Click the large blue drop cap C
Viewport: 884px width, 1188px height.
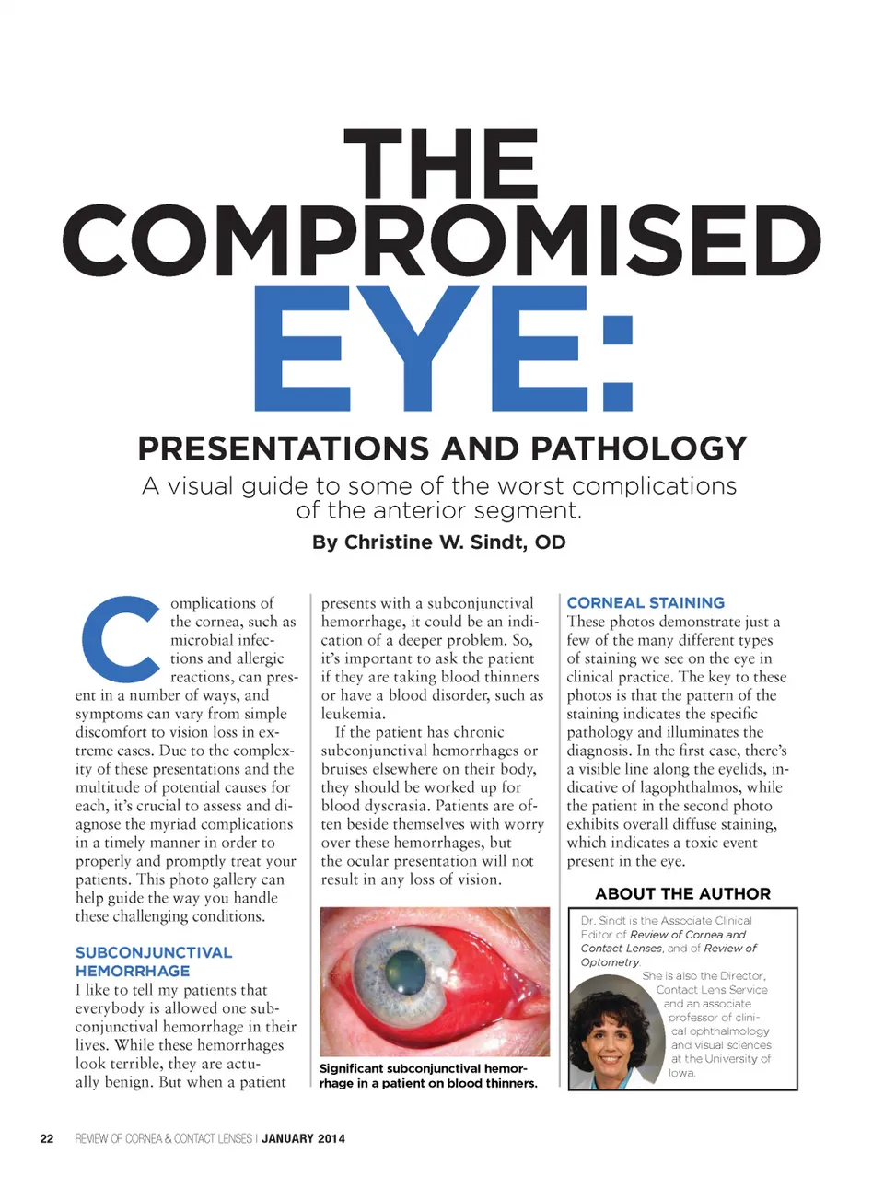point(121,639)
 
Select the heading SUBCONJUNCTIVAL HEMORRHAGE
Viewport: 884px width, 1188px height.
point(153,961)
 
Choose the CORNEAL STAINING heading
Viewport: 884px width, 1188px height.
point(646,602)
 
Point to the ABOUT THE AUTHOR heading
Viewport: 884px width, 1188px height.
point(682,893)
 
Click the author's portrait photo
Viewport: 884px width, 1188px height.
point(614,1031)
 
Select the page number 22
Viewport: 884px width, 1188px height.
point(47,1138)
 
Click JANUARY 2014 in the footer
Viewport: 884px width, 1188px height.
point(303,1138)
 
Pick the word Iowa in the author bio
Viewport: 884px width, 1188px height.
point(682,1073)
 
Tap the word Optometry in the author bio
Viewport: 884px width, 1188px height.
point(610,962)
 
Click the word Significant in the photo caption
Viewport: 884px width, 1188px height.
point(352,1068)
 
